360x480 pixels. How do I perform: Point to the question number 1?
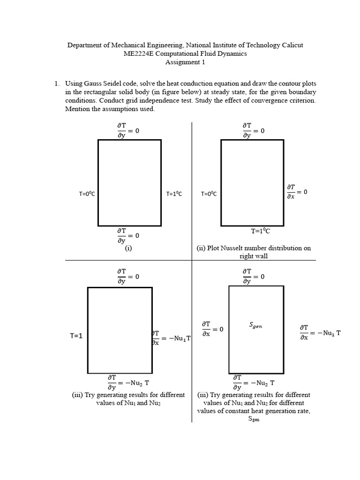coord(56,84)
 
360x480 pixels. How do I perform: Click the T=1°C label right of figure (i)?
coord(174,194)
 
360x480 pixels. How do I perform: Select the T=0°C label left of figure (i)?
coord(87,194)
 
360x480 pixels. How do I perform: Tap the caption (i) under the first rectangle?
coord(128,248)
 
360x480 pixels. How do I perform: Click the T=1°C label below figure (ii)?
coord(261,231)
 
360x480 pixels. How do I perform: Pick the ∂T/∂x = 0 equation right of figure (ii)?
coord(297,192)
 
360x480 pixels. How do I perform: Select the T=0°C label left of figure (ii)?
coord(209,194)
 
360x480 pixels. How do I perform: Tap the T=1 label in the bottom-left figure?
coord(76,336)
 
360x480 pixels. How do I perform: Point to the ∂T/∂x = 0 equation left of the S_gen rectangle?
coord(212,329)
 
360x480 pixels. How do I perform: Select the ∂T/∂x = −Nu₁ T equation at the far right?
coord(320,333)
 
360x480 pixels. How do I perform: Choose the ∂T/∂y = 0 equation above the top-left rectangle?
coord(128,131)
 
